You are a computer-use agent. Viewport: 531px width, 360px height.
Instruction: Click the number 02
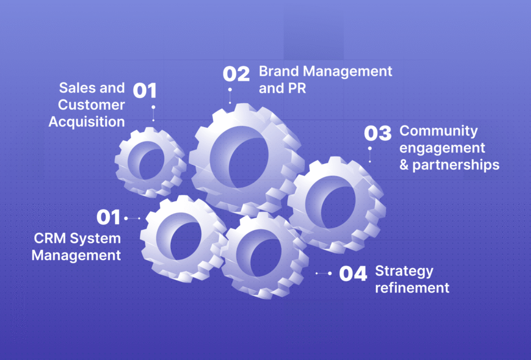tap(236, 74)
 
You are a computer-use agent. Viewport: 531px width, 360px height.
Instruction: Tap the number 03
tap(378, 133)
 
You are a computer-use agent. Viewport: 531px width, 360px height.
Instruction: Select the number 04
tap(353, 274)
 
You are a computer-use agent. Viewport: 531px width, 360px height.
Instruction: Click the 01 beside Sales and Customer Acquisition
tap(145, 91)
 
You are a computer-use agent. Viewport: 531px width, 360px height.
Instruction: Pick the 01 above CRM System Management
tap(108, 217)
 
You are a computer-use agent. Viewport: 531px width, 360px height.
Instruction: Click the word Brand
tap(279, 72)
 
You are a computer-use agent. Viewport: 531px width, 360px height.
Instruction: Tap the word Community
tap(439, 131)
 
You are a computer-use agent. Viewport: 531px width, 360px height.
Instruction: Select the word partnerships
tap(456, 165)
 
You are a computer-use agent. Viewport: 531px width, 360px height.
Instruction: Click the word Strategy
tap(404, 272)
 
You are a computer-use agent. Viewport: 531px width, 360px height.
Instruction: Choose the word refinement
tap(412, 288)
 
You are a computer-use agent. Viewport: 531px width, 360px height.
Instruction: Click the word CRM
tap(50, 239)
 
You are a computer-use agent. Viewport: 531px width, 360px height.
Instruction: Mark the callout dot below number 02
tap(230, 90)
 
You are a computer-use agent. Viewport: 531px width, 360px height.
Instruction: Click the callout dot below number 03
tap(370, 148)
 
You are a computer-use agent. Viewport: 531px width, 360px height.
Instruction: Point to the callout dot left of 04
tap(329, 273)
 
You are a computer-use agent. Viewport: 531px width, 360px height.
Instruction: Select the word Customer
tap(91, 105)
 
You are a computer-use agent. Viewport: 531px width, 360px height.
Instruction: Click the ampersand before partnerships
tap(404, 165)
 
